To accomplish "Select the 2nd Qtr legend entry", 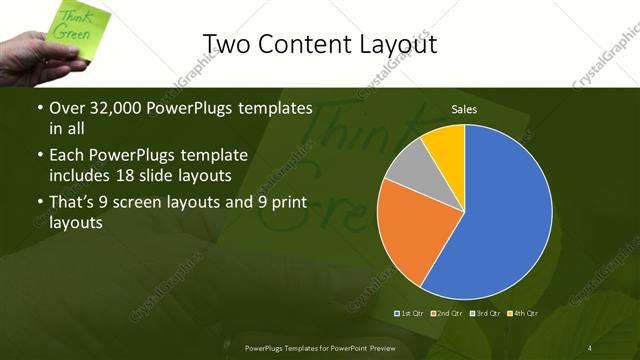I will pyautogui.click(x=450, y=313).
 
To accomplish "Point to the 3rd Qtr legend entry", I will pyautogui.click(x=487, y=313).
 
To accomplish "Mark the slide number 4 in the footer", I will pyautogui.click(x=590, y=347).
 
